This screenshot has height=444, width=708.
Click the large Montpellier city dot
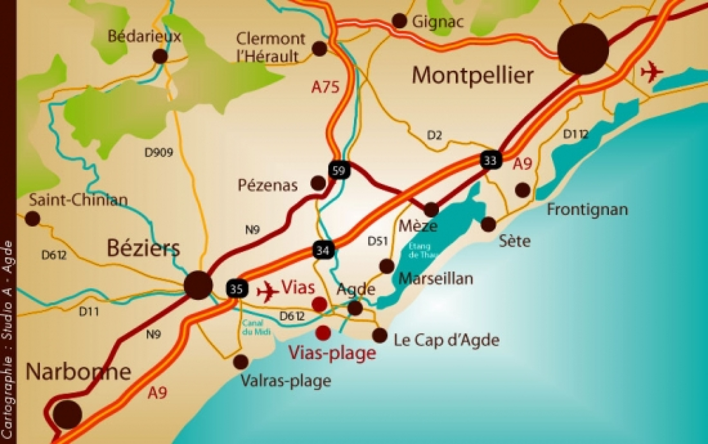click(583, 49)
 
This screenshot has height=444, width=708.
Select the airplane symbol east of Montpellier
click(652, 72)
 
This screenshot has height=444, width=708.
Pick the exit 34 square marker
click(323, 251)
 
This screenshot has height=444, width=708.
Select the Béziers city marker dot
click(198, 284)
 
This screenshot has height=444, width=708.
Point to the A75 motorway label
click(325, 87)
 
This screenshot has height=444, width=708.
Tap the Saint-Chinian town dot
click(32, 218)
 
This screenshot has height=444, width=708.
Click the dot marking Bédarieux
click(160, 56)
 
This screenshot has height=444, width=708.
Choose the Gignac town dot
click(400, 20)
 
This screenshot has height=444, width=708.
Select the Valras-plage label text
click(285, 380)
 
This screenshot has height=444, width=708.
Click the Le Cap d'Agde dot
click(380, 335)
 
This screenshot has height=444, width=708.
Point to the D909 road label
click(159, 153)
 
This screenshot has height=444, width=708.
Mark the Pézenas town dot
click(318, 182)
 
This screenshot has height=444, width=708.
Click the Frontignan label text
click(587, 209)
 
